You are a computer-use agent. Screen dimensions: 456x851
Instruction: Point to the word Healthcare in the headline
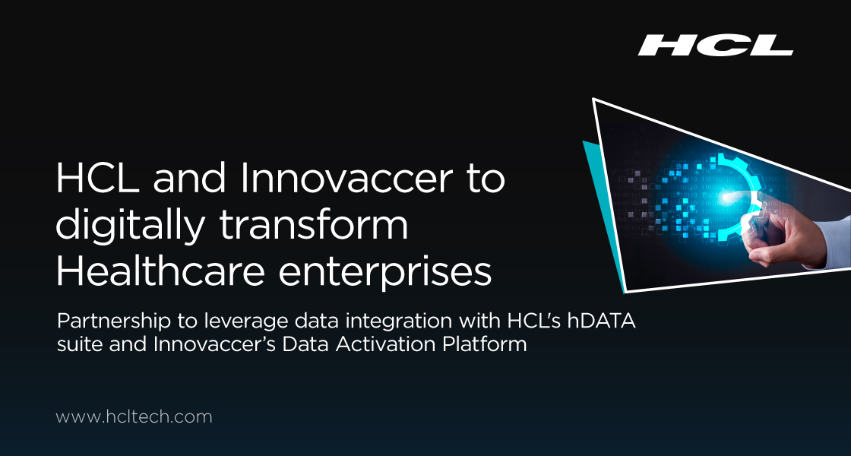click(162, 271)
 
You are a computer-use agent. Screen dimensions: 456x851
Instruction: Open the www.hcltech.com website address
click(134, 416)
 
